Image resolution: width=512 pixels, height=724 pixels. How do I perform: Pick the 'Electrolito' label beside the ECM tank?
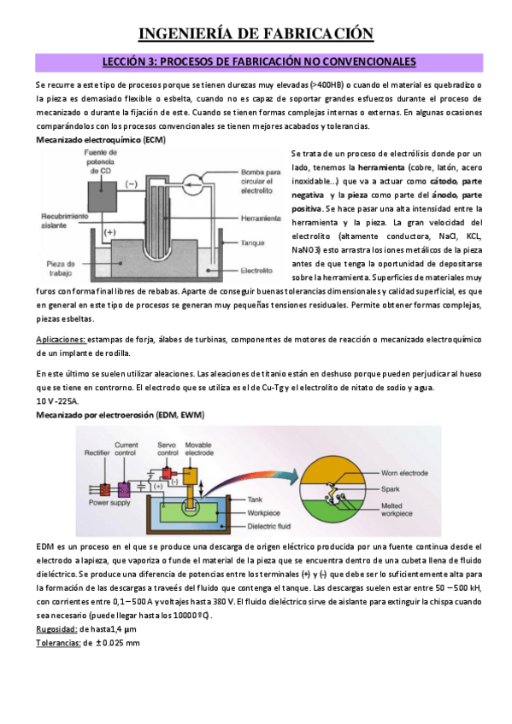(x=257, y=271)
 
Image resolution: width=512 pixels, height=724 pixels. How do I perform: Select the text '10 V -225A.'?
(x=56, y=400)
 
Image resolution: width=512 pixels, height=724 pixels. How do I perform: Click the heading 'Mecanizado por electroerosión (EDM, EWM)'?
(x=119, y=414)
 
